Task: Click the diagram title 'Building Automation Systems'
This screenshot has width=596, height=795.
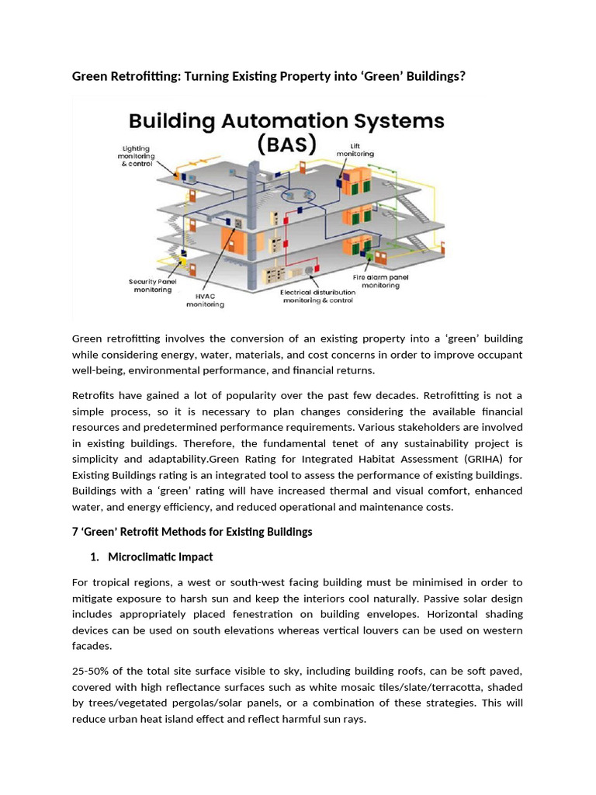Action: pyautogui.click(x=286, y=122)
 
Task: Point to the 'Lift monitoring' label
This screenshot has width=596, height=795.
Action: pyautogui.click(x=355, y=149)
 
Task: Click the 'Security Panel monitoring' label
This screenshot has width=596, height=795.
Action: pyautogui.click(x=151, y=285)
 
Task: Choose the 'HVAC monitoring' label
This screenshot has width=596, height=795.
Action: pyautogui.click(x=205, y=300)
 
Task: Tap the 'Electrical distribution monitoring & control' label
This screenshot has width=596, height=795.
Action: pyautogui.click(x=318, y=296)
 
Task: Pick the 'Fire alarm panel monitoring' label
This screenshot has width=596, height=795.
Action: pyautogui.click(x=381, y=281)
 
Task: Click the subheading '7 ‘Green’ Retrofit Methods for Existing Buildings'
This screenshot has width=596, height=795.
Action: pyautogui.click(x=192, y=532)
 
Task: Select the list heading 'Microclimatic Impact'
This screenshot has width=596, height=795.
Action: pyautogui.click(x=161, y=557)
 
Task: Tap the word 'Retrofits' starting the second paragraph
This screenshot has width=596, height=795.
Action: pyautogui.click(x=95, y=395)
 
